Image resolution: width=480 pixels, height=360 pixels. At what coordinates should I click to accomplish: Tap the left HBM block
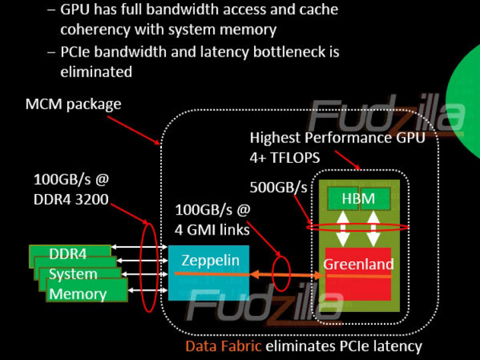coord(342,199)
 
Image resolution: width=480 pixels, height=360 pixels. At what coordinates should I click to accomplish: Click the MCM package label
coord(73,104)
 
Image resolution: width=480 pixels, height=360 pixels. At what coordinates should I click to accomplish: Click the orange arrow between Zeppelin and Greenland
coord(279,274)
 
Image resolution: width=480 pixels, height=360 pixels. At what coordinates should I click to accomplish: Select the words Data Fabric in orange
coord(223,346)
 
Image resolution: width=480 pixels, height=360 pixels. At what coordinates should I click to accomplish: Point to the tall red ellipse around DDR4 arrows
coord(149,267)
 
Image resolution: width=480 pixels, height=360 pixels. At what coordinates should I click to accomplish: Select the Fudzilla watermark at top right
coord(377,116)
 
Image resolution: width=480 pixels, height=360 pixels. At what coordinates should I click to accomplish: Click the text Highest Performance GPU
coord(337,138)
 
